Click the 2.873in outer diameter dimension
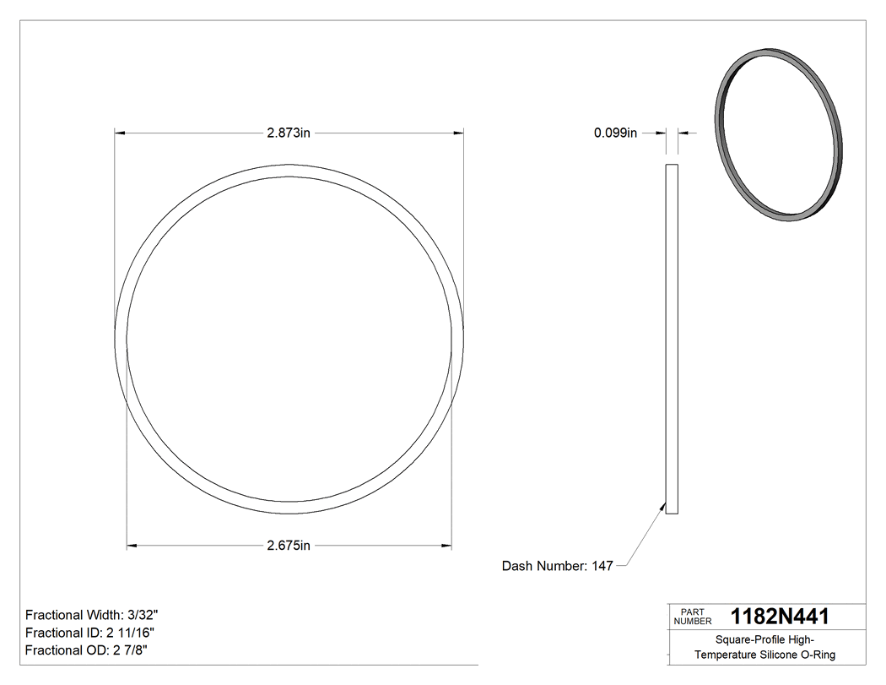tap(289, 133)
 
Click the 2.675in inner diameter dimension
tap(289, 546)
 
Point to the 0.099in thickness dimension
tap(615, 133)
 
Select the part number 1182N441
tap(780, 617)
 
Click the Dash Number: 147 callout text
tap(557, 566)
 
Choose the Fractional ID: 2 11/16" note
tap(89, 633)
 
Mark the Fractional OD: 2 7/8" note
tap(87, 650)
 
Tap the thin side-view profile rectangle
tap(672, 339)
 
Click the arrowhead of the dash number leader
tap(662, 505)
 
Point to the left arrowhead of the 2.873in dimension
tap(119, 133)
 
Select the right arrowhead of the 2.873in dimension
tap(459, 133)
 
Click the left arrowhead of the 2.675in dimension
tap(131, 546)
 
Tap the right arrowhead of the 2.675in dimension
tap(447, 546)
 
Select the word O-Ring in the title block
tap(818, 655)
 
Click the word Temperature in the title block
tap(724, 655)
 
